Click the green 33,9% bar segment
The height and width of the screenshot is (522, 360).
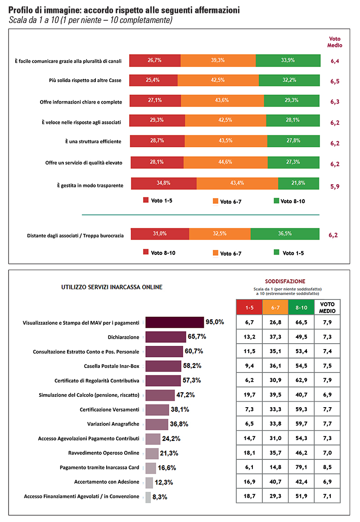click(288, 60)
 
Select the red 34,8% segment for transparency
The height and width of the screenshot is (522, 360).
click(164, 183)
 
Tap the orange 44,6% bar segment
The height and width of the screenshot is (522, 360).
click(225, 162)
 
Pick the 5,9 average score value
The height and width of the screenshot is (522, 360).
click(334, 186)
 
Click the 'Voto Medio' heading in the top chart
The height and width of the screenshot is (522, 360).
click(335, 42)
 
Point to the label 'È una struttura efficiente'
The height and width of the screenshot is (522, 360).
click(93, 141)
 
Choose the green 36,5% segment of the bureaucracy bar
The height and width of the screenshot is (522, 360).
click(285, 234)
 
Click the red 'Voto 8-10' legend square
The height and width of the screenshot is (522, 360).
click(146, 253)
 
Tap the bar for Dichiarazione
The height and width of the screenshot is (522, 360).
click(166, 336)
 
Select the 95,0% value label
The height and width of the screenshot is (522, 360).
click(215, 322)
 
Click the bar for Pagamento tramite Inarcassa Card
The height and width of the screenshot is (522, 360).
click(151, 468)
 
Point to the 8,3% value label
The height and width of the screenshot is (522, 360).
click(161, 497)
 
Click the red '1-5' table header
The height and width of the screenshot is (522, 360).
click(249, 307)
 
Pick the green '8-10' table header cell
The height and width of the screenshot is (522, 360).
click(301, 307)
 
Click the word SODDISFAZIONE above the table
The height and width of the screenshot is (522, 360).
click(288, 281)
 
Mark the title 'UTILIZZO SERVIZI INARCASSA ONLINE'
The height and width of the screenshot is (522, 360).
click(112, 287)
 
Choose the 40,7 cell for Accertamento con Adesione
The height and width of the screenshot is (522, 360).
click(275, 482)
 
